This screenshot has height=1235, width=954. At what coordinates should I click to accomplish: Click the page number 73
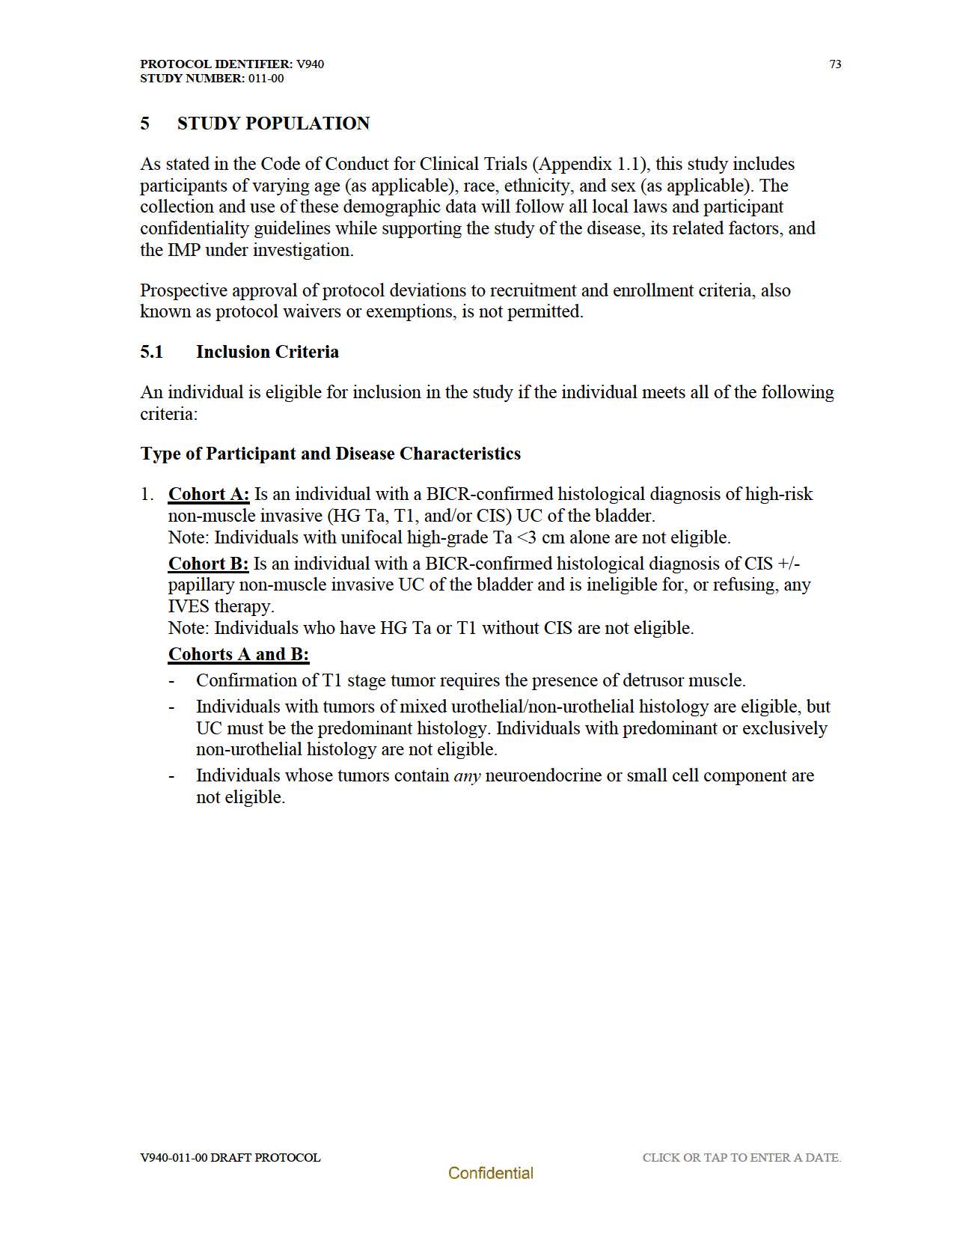(835, 64)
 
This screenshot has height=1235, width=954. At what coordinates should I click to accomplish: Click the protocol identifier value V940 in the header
(310, 64)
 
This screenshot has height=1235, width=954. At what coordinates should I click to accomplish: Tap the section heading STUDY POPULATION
(273, 124)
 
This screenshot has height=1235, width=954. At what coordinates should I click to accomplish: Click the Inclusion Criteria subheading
(267, 352)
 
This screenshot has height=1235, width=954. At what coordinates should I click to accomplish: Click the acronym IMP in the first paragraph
(183, 250)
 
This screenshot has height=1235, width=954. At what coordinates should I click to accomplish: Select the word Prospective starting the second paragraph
(183, 290)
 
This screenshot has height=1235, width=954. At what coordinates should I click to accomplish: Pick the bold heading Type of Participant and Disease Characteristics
(330, 454)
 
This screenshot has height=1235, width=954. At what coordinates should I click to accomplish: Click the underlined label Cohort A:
(209, 494)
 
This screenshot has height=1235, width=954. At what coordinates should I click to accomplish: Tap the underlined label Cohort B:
(208, 564)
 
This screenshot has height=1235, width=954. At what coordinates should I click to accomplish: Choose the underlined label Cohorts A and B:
(239, 654)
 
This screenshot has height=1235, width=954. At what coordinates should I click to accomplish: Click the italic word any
(467, 776)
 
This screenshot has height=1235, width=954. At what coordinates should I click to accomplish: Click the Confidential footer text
(491, 1174)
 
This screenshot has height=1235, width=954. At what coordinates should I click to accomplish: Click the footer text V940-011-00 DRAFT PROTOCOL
(230, 1158)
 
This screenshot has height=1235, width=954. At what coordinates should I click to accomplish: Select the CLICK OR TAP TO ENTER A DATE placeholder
(742, 1158)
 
